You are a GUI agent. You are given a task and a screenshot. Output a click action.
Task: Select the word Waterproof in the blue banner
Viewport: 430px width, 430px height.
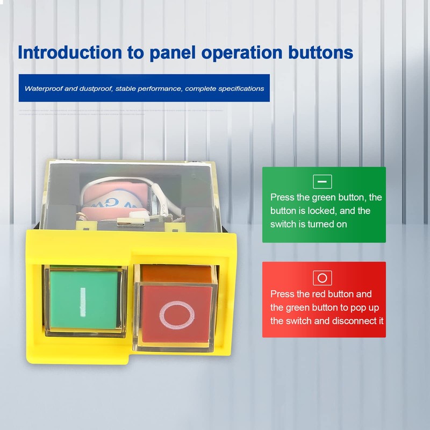[43, 88]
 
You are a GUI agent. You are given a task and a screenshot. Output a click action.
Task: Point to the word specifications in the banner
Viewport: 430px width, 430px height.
[240, 88]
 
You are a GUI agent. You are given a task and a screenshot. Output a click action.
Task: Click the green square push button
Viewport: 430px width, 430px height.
[84, 300]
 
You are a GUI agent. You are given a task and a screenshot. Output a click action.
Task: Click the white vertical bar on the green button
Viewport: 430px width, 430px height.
[83, 301]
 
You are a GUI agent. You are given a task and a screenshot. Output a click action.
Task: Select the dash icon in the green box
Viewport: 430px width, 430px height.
[322, 182]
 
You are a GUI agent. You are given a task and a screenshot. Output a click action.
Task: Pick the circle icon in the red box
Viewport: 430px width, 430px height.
[322, 278]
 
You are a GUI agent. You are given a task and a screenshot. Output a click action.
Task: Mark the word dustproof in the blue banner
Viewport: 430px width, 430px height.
[95, 88]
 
